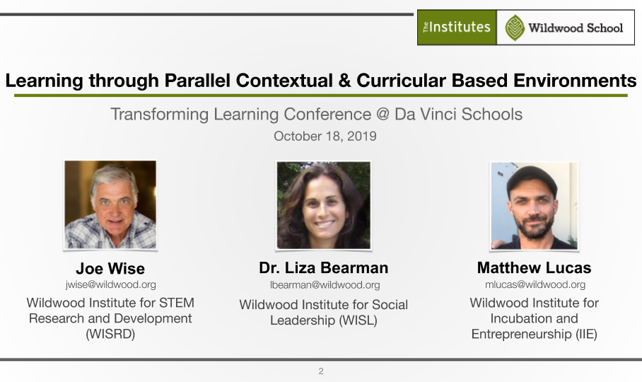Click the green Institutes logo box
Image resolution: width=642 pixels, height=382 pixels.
click(457, 28)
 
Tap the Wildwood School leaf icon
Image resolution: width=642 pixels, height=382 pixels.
click(515, 28)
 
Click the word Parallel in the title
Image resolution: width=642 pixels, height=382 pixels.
click(197, 80)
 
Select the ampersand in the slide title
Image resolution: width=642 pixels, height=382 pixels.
click(345, 80)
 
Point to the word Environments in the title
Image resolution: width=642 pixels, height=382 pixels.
click(575, 80)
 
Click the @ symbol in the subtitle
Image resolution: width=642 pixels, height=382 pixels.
click(383, 114)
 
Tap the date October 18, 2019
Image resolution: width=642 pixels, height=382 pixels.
click(325, 137)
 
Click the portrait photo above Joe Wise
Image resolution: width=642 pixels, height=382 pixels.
click(110, 204)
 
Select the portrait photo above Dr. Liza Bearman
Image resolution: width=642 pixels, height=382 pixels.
click(323, 205)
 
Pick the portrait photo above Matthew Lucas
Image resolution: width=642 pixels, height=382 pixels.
click(535, 206)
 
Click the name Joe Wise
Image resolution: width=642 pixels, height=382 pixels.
click(110, 269)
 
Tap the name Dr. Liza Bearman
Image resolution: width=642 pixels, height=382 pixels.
click(323, 268)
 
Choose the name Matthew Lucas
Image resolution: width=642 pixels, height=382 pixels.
click(535, 268)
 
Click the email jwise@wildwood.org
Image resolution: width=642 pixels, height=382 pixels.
click(110, 284)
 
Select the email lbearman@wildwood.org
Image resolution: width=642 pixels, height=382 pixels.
click(325, 285)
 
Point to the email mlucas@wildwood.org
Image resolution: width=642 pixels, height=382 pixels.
click(535, 284)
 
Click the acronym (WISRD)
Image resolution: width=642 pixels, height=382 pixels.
click(110, 334)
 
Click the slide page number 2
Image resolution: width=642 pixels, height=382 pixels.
click(321, 371)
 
